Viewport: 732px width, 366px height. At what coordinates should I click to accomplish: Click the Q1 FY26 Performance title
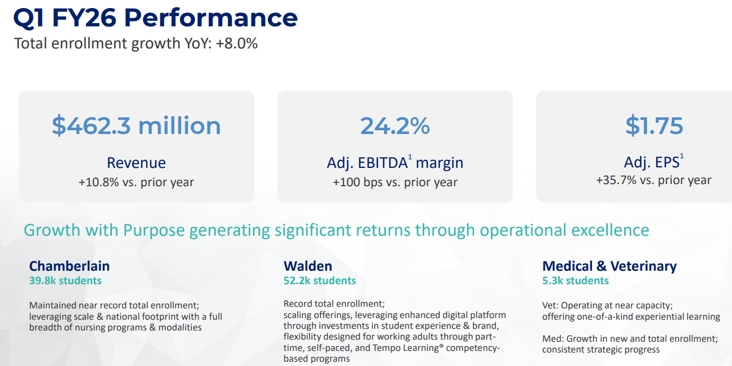155,18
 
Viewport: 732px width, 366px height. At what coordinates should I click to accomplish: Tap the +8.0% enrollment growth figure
237,44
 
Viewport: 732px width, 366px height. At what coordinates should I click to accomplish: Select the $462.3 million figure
136,125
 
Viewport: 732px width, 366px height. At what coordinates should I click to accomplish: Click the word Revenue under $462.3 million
136,163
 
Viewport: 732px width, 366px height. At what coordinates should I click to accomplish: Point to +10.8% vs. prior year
136,182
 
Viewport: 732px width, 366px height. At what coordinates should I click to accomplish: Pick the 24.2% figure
395,125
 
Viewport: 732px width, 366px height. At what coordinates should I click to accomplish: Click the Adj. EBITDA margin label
395,163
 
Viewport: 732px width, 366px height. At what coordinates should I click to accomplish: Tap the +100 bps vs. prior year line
395,182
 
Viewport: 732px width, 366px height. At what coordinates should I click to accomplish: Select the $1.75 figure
654,125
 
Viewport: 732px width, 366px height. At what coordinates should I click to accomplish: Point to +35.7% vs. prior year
653,180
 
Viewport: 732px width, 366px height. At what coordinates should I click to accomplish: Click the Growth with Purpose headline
336,230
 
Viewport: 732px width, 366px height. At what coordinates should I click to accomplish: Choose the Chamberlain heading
69,266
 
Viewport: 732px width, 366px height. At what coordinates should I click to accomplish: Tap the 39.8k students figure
65,280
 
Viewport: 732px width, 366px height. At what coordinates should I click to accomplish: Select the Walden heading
308,266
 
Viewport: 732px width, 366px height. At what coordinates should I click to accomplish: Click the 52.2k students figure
320,280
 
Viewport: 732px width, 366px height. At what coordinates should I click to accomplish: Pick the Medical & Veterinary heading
609,266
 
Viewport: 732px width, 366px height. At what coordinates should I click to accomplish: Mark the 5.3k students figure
575,280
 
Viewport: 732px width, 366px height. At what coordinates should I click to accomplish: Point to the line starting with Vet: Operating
607,305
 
